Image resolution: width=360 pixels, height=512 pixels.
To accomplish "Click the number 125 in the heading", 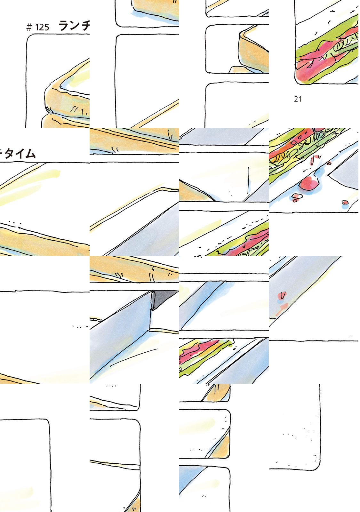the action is (42, 28).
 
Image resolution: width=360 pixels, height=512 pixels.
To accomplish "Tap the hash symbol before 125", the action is (29, 28).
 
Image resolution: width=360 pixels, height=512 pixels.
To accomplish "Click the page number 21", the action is (298, 99).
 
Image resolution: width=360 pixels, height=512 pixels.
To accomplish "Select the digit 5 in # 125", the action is (47, 28).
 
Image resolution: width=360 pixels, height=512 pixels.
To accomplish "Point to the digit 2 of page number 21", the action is (296, 99).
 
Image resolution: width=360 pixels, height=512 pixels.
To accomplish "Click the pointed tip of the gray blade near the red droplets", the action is (328, 175).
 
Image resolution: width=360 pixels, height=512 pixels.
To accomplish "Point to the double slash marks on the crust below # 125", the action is (74, 109).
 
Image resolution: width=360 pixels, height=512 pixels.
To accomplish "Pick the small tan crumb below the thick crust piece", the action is (238, 70).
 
